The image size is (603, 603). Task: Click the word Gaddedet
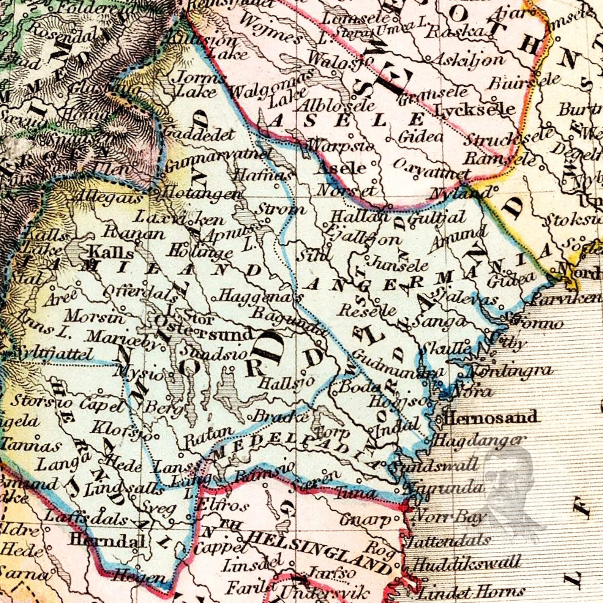pyautogui.click(x=200, y=134)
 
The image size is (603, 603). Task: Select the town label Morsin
pyautogui.click(x=94, y=316)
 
